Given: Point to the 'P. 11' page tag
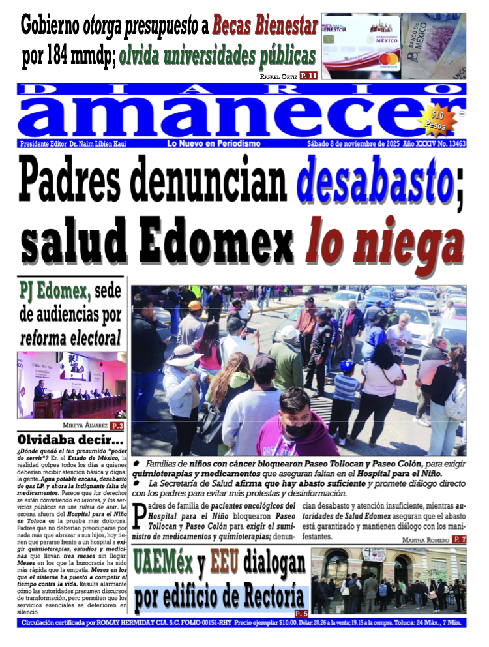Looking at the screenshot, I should (x=308, y=76).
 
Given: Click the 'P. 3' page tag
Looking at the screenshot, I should (x=118, y=426).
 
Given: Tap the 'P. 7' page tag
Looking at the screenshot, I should (x=459, y=539).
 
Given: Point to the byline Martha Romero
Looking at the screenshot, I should (x=425, y=539).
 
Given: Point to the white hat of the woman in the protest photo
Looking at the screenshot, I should (x=185, y=355).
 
